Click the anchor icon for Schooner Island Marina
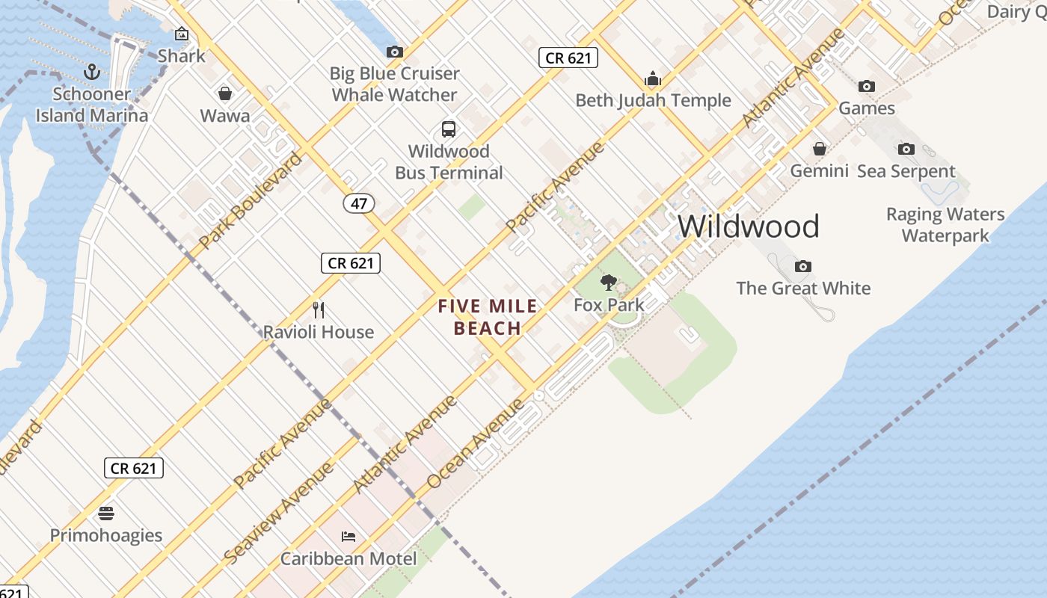(x=92, y=72)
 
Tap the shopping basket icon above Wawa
(x=224, y=93)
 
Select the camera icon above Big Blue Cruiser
(x=394, y=52)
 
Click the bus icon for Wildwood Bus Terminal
(x=448, y=129)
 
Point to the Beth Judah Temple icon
(x=653, y=78)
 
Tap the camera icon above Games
(x=866, y=86)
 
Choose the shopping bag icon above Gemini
(x=819, y=149)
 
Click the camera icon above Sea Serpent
(x=906, y=149)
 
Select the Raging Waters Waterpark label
(x=945, y=225)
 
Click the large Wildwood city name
(x=749, y=226)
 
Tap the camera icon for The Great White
(x=802, y=266)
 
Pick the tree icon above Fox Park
(x=609, y=283)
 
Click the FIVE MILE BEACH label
(x=488, y=317)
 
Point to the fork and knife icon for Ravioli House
(x=318, y=309)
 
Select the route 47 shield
(x=359, y=203)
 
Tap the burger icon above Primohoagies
(x=105, y=514)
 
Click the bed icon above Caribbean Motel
(x=348, y=537)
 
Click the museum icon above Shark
(x=181, y=34)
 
